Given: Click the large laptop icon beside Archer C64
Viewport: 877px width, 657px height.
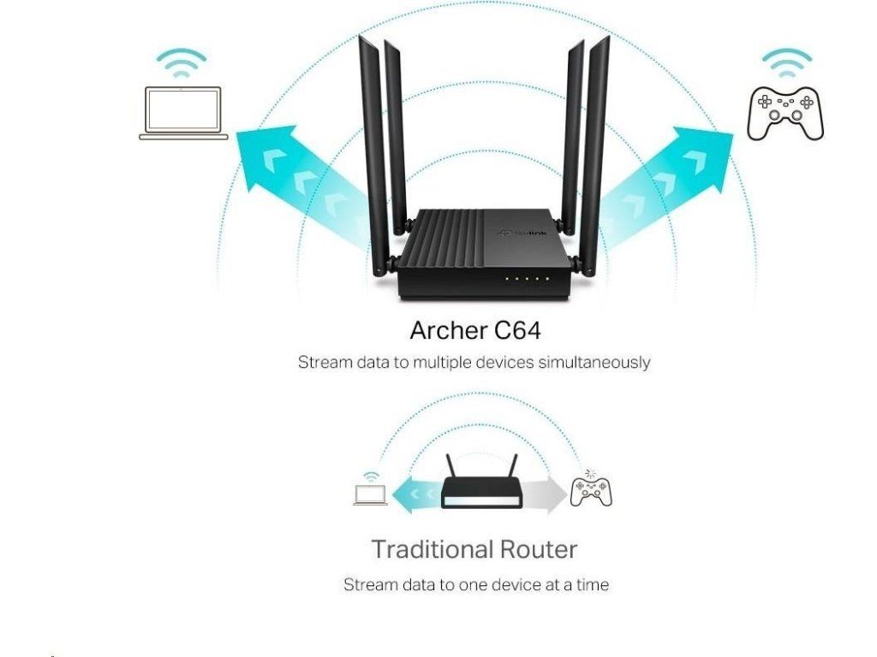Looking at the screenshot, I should (183, 113).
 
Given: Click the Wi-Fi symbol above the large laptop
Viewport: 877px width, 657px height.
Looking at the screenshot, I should (181, 64).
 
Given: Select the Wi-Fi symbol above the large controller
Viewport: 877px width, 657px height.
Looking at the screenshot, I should (787, 63).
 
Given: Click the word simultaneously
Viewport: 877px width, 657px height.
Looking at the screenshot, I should (594, 363).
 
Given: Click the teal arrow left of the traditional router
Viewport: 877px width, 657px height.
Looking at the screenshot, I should (415, 494).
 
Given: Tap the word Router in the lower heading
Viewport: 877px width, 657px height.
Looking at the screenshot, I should (538, 548).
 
